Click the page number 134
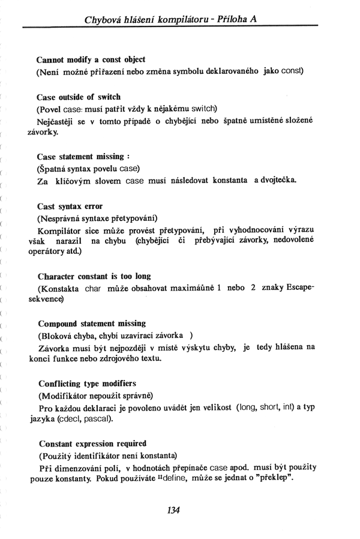[173, 510]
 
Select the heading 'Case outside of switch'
[79, 96]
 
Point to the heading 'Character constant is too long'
[94, 276]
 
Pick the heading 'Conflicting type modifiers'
[87, 382]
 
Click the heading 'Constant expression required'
[92, 444]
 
